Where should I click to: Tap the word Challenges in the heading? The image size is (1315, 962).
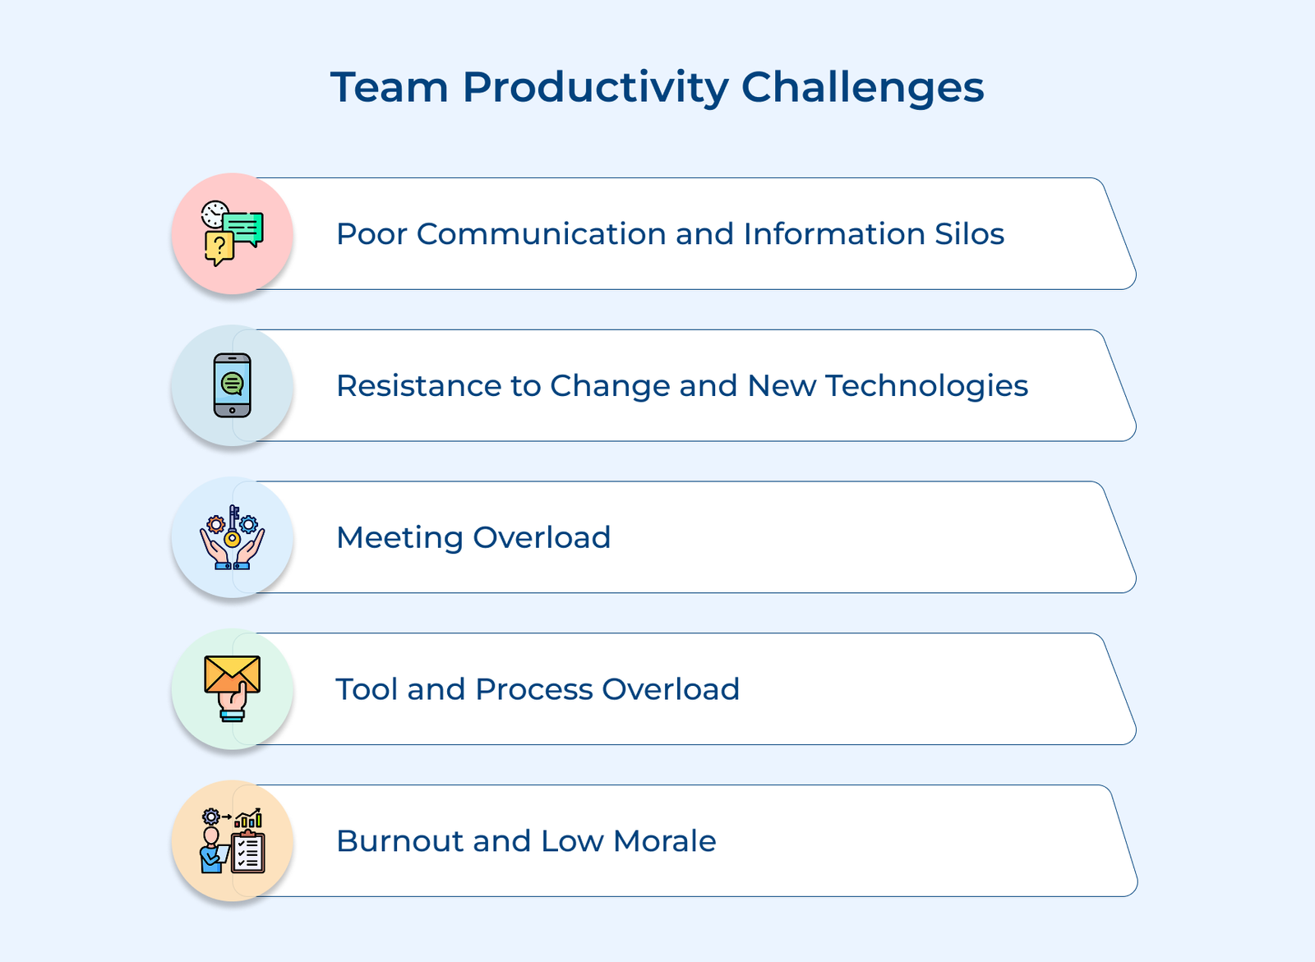pos(862,87)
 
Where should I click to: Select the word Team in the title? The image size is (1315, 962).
pos(389,87)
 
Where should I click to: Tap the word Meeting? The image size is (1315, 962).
pos(399,538)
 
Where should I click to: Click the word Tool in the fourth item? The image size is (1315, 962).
pos(367,689)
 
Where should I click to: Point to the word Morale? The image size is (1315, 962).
pos(664,841)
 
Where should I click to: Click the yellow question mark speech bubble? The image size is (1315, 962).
pos(219,246)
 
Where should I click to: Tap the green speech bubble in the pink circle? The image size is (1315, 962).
pos(244,228)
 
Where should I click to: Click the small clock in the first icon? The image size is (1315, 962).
pos(214,214)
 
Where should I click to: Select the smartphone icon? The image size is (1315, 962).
pos(233,385)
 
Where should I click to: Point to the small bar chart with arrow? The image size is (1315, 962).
pos(248,818)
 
